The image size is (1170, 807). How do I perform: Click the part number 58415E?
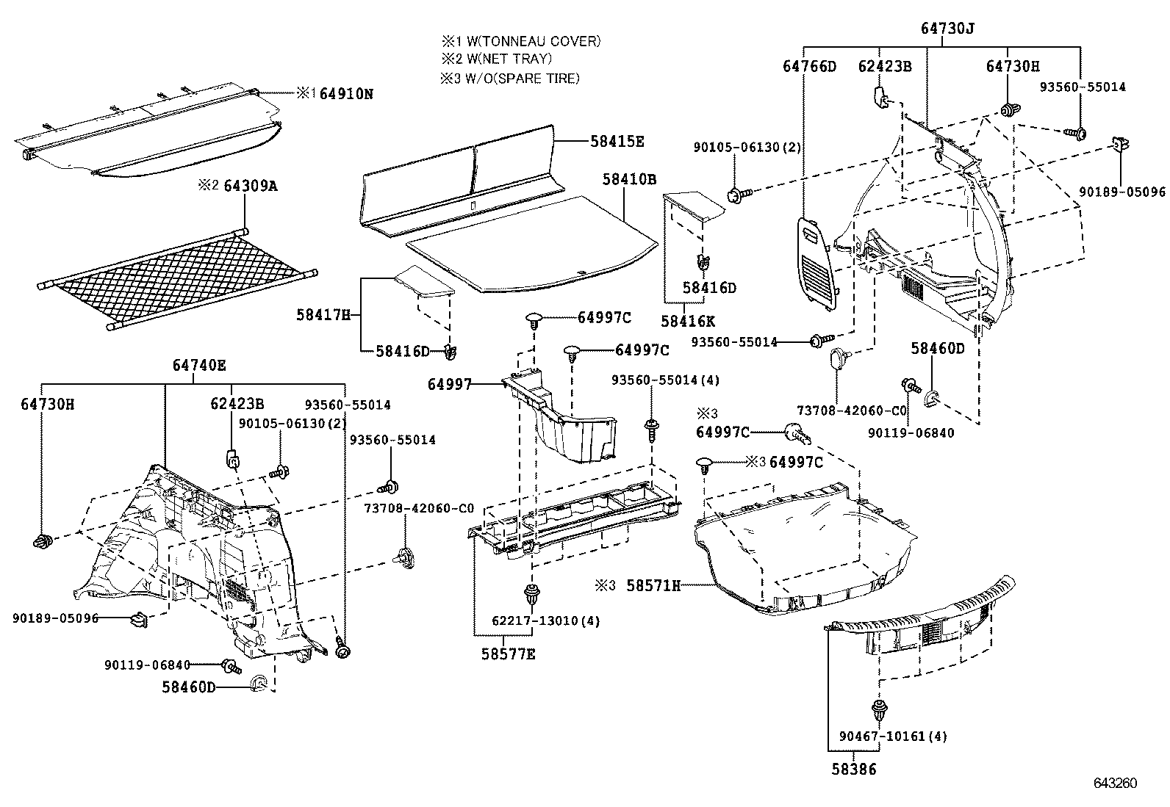pyautogui.click(x=617, y=142)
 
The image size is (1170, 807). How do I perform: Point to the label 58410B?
pyautogui.click(x=629, y=178)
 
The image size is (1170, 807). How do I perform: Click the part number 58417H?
pyautogui.click(x=324, y=315)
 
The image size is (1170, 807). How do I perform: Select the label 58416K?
pyautogui.click(x=688, y=321)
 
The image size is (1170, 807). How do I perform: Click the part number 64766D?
pyautogui.click(x=809, y=66)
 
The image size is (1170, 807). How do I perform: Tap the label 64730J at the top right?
pyautogui.click(x=947, y=29)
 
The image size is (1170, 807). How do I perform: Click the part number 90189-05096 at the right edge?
pyautogui.click(x=1122, y=192)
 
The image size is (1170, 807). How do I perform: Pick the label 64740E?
pyautogui.click(x=199, y=365)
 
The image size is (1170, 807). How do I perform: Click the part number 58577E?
pyautogui.click(x=509, y=654)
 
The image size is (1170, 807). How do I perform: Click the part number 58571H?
pyautogui.click(x=653, y=585)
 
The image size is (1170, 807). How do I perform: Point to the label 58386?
pyautogui.click(x=854, y=770)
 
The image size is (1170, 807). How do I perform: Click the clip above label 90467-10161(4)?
pyautogui.click(x=878, y=710)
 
